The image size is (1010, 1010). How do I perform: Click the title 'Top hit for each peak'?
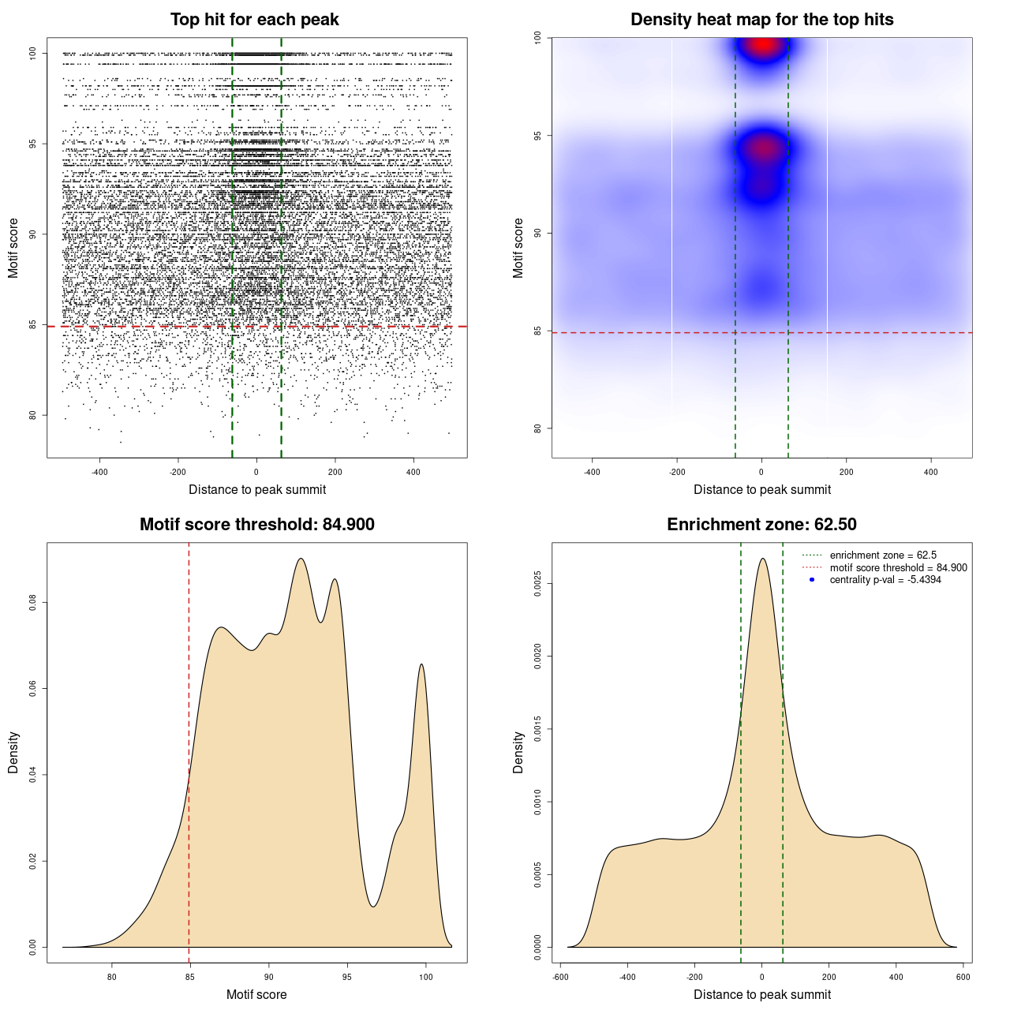(x=254, y=20)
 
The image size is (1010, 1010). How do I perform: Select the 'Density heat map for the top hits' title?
(x=761, y=20)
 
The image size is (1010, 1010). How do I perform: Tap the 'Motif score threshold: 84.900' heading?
(x=256, y=525)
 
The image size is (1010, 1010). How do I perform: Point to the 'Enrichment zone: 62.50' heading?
(x=761, y=525)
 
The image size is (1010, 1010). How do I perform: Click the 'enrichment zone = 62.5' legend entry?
(x=883, y=555)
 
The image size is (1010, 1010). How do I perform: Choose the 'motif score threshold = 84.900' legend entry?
(x=898, y=568)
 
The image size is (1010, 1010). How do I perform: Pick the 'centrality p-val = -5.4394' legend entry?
(x=885, y=580)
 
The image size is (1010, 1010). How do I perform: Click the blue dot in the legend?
(x=812, y=580)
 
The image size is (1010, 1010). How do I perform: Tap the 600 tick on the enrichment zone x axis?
(x=963, y=977)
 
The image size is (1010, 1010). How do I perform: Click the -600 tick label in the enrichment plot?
(x=560, y=977)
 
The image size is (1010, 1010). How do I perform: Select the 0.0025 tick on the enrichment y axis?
(x=537, y=584)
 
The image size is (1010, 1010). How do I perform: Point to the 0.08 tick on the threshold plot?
(x=32, y=604)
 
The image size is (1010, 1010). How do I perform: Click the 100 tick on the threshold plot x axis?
(x=426, y=977)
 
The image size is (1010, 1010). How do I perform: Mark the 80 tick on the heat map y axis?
(x=537, y=428)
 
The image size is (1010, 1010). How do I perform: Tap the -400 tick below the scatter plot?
(x=99, y=472)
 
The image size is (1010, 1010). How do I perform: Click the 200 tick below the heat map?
(x=847, y=472)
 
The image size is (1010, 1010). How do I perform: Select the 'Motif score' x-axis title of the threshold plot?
(x=256, y=994)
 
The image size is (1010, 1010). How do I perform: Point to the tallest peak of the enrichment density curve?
(x=762, y=559)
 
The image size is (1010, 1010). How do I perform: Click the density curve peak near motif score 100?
(x=422, y=664)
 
